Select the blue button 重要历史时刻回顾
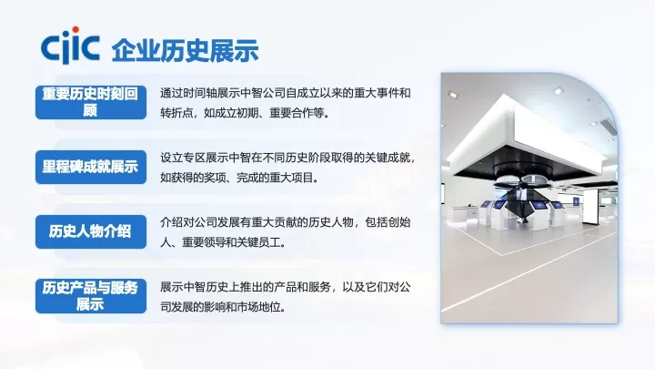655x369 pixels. [90, 101]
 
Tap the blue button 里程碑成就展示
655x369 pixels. [90, 167]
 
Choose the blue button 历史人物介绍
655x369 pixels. [90, 231]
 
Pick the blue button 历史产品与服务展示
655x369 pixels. [90, 295]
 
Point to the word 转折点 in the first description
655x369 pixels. [176, 113]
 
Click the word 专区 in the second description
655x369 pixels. [191, 158]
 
